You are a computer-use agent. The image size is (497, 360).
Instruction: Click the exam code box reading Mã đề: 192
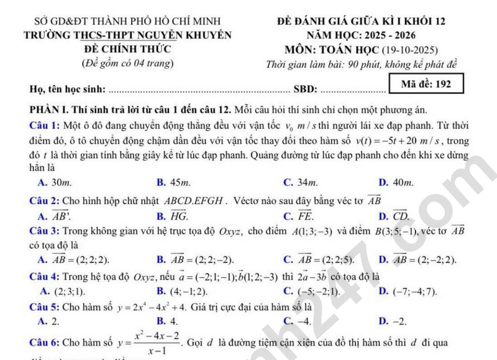(426, 84)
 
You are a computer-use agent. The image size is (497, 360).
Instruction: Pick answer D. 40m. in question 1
(395, 182)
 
